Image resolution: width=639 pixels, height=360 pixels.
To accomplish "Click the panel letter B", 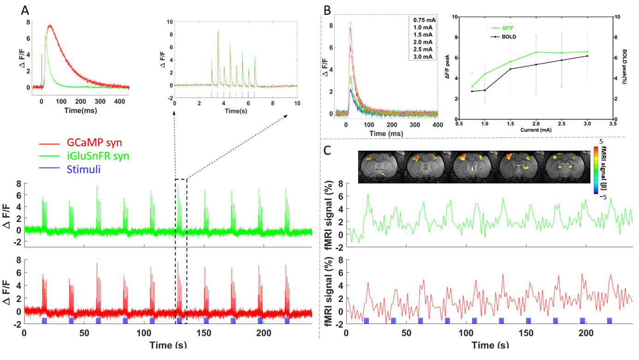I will click(x=327, y=9).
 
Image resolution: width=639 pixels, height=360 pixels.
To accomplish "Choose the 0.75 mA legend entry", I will click(x=423, y=20).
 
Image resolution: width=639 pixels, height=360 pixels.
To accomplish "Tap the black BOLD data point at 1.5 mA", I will click(x=510, y=69).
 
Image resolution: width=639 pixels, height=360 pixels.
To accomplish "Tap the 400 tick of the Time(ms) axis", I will click(x=436, y=124).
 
